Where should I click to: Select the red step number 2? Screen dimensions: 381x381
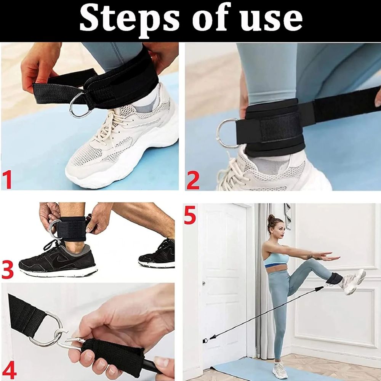(x=193, y=180)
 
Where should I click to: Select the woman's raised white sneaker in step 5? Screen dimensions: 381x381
(x=352, y=281)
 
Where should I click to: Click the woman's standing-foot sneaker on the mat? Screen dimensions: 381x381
(x=280, y=371)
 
